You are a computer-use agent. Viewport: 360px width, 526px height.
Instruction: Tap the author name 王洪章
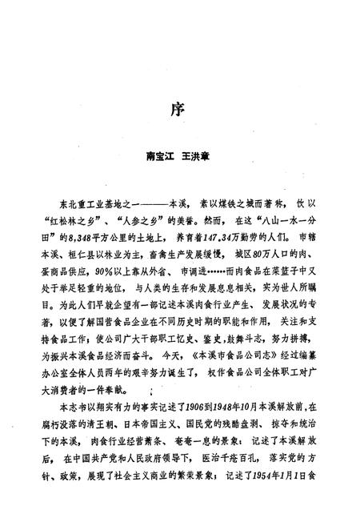200,160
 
